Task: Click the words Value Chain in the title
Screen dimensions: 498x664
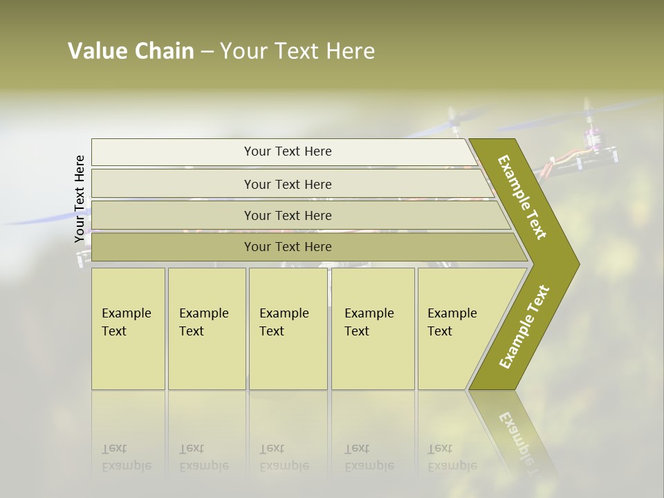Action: coord(131,51)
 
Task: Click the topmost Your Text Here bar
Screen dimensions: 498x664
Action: coord(287,151)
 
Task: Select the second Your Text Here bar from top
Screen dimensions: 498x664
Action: coord(287,184)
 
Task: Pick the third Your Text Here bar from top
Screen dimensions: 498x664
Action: coord(287,215)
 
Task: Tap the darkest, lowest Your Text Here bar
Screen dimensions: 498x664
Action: coord(287,247)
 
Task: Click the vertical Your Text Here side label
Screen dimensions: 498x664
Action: coord(80,199)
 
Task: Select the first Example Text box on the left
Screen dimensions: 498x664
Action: coord(128,329)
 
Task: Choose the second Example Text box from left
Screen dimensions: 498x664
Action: coord(206,329)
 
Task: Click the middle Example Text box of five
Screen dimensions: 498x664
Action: coord(288,329)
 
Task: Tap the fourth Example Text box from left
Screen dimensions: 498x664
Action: coord(373,329)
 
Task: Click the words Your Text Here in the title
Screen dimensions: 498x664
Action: coord(297,51)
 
